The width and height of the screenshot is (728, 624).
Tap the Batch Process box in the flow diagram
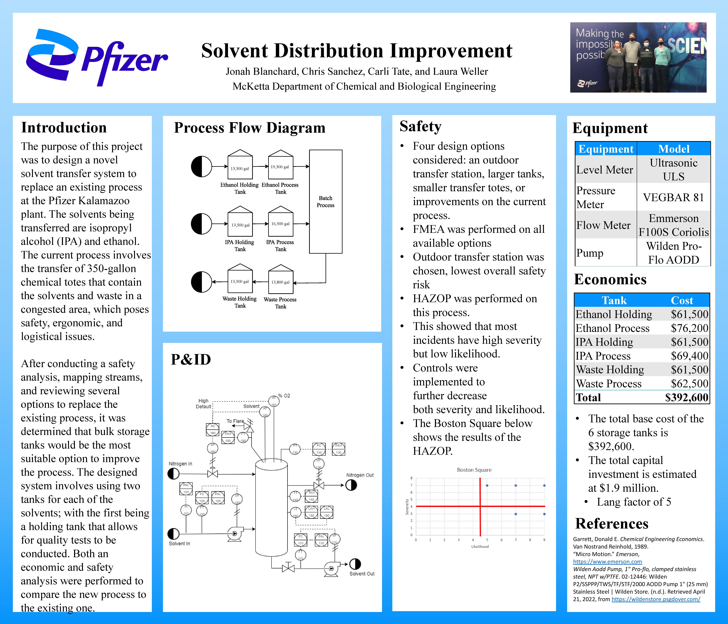point(325,202)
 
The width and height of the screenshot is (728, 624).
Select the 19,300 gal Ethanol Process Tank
point(280,167)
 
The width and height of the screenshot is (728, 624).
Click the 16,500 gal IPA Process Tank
point(280,224)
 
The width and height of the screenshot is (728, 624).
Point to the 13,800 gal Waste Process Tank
point(280,282)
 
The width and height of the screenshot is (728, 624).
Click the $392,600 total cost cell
point(686,397)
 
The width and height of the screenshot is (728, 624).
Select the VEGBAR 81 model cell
point(673,197)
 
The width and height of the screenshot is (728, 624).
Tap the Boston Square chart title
point(474,470)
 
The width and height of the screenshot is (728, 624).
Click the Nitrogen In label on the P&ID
point(180,464)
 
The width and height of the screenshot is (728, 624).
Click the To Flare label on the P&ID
point(235,421)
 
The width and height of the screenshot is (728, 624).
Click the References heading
point(611,523)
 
